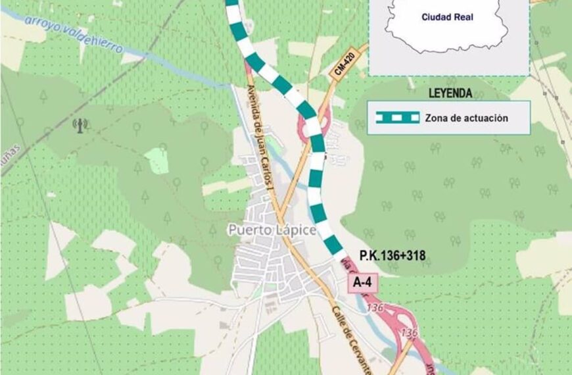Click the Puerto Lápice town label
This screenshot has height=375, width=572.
click(x=281, y=230)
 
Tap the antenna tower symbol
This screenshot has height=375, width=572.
click(x=80, y=125)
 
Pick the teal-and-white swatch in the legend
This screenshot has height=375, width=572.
click(x=398, y=118)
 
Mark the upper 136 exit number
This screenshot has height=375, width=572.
click(x=375, y=308)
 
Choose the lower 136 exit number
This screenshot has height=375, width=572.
click(x=407, y=332)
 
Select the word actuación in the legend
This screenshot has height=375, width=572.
click(x=489, y=118)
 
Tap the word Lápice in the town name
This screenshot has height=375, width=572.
click(x=299, y=230)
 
